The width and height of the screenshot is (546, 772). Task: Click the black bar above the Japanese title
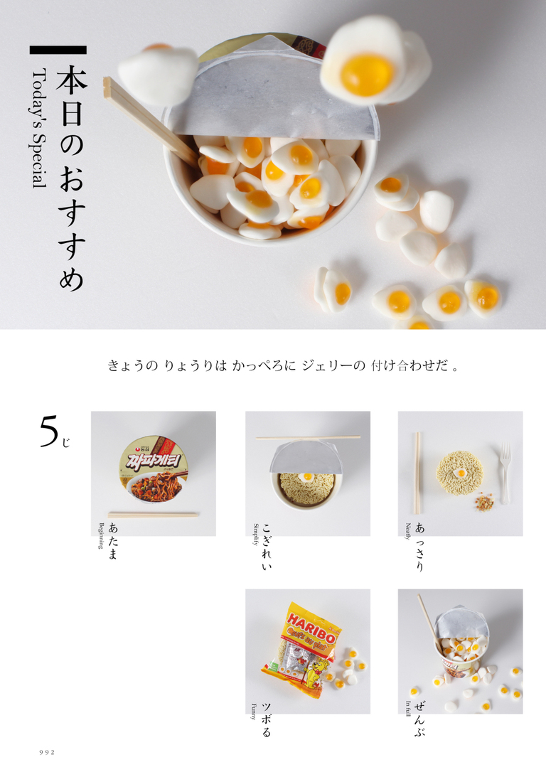[x=58, y=50]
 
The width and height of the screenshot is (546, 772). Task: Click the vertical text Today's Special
[x=38, y=128]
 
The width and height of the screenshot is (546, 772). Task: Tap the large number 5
[x=48, y=431]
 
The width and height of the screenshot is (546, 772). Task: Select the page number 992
[x=47, y=752]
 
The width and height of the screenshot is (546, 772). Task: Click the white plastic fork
[x=505, y=472]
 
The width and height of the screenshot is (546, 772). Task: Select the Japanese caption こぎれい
[x=267, y=548]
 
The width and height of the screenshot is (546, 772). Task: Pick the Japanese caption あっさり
[x=419, y=548]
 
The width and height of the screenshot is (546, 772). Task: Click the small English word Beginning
[x=101, y=539]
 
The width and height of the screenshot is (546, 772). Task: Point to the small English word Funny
[x=254, y=711]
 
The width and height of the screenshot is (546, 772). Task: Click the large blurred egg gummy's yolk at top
[x=366, y=74]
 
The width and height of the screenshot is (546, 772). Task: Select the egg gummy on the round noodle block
[x=460, y=472]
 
